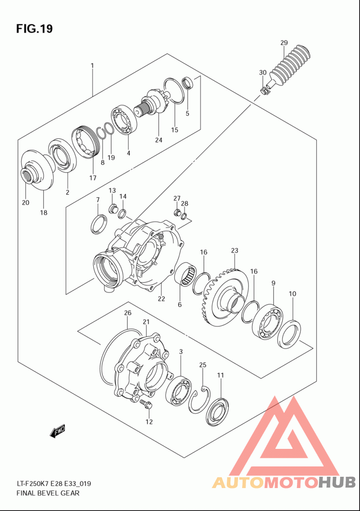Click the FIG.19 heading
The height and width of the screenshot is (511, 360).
(x=34, y=29)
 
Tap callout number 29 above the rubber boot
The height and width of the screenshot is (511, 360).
(x=283, y=43)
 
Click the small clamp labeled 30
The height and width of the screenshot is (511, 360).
(x=265, y=90)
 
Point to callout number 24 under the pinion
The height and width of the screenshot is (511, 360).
(x=158, y=140)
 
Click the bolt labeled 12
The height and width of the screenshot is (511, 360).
(x=145, y=404)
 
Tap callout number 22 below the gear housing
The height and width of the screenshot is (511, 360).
(x=161, y=298)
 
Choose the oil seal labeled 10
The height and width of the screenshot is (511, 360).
(x=288, y=334)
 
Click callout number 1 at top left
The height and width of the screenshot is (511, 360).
(x=92, y=66)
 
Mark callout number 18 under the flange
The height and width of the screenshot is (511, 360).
(x=43, y=213)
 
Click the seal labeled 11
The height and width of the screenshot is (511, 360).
(x=217, y=411)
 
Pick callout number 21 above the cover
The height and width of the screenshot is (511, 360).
(x=146, y=321)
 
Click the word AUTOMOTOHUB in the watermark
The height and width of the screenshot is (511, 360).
(x=283, y=483)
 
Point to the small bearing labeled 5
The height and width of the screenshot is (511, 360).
(x=187, y=83)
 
